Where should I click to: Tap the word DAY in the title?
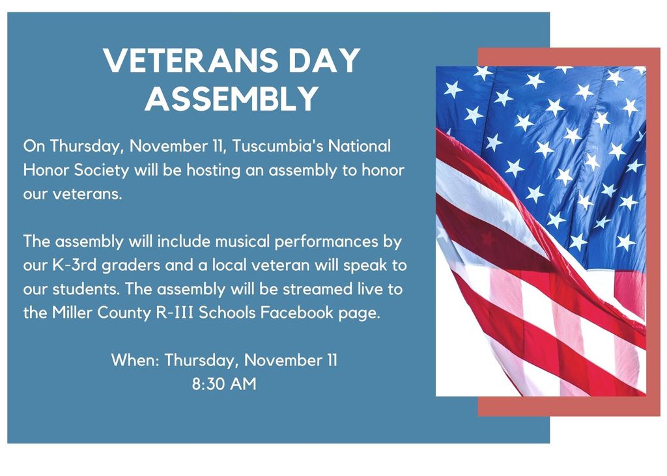tap(324, 60)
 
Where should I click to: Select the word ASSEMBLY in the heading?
tap(232, 98)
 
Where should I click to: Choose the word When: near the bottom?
tap(135, 360)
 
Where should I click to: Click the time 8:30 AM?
tap(224, 384)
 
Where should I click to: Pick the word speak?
tap(362, 266)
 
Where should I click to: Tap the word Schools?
tap(227, 313)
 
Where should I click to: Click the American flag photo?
tap(541, 231)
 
